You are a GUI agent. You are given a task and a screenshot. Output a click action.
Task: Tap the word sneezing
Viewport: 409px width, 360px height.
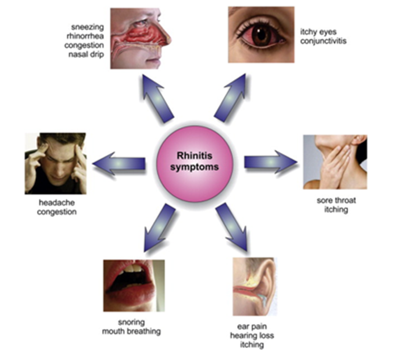pyautogui.click(x=88, y=27)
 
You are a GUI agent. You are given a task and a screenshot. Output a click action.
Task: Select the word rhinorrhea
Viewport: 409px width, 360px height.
pyautogui.click(x=86, y=36)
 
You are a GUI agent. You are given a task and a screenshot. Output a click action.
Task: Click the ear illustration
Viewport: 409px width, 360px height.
pyautogui.click(x=255, y=286)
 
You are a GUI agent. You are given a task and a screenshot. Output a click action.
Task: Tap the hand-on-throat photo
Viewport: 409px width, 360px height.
pyautogui.click(x=335, y=162)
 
